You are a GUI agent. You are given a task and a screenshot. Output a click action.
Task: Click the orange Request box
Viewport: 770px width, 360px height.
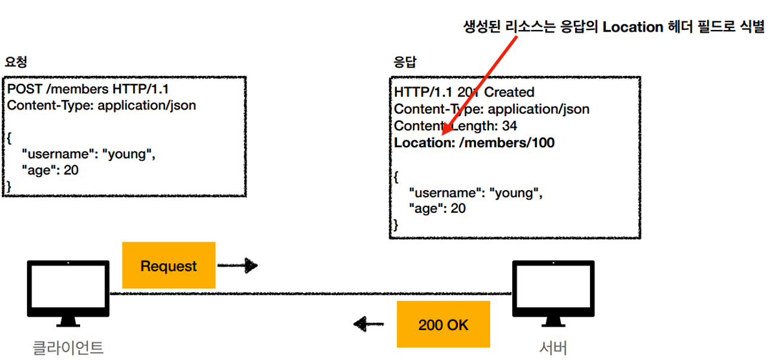point(169,266)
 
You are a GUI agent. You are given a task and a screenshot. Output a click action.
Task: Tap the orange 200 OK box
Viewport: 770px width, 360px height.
point(444,325)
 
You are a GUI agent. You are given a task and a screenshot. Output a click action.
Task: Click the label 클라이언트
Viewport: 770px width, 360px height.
point(68,347)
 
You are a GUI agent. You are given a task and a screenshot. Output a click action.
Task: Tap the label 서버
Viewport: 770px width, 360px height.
point(553,347)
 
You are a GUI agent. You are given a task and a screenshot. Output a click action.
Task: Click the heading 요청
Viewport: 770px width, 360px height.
point(16,62)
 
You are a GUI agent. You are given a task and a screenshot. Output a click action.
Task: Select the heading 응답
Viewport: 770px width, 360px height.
point(405,62)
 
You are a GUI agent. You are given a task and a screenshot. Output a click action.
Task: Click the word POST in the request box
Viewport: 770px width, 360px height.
point(25,90)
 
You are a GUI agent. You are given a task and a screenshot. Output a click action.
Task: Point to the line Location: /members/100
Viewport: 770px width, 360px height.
point(474,143)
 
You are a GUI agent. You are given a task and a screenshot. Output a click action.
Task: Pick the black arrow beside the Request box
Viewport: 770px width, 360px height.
point(237,266)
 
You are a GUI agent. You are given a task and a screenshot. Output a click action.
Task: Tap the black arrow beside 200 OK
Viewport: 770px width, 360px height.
point(368,325)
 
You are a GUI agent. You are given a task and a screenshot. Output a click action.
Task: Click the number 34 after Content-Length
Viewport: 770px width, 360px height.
point(509,126)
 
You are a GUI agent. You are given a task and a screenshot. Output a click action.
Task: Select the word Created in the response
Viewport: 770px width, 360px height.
point(509,92)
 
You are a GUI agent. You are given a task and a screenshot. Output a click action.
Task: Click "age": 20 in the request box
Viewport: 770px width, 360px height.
point(50,170)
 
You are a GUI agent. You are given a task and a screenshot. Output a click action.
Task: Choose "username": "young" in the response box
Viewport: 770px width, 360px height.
point(475,193)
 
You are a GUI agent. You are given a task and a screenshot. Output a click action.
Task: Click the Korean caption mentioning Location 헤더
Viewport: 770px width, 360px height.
point(614,27)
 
